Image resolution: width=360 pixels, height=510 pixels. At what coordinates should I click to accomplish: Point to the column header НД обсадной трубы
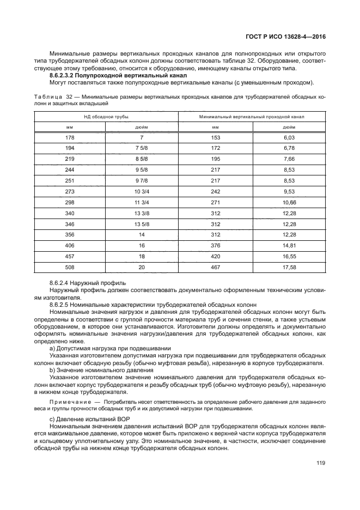106,117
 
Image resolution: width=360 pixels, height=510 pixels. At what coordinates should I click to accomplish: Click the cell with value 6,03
289,138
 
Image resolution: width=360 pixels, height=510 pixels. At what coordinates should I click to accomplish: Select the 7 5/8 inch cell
141,148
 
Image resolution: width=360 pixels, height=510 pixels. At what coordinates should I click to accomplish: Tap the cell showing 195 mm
215,159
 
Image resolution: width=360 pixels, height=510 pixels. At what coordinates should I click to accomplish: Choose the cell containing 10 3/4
141,192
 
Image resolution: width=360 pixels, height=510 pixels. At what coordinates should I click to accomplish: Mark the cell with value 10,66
289,202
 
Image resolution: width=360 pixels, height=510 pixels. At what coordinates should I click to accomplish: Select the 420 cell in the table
215,256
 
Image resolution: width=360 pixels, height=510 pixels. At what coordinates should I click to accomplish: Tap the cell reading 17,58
289,267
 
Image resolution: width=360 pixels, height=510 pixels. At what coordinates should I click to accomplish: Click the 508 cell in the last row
70,267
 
